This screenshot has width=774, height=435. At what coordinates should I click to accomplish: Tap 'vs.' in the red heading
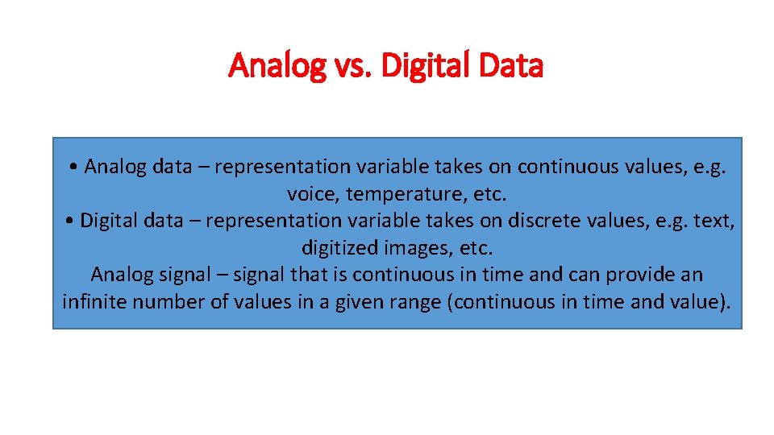pyautogui.click(x=351, y=66)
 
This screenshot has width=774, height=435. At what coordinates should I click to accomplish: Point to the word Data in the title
pyautogui.click(x=510, y=66)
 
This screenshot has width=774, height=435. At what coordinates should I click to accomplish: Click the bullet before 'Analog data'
pyautogui.click(x=73, y=168)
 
